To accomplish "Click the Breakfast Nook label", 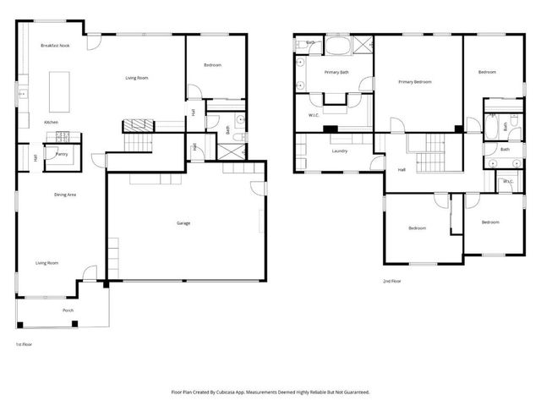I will (x=55, y=45).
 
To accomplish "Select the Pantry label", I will (x=62, y=154).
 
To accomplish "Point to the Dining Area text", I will (x=65, y=195).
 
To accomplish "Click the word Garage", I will (x=183, y=223).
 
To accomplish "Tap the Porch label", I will (x=68, y=310).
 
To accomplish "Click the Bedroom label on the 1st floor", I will (x=212, y=65).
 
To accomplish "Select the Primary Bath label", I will (x=336, y=72).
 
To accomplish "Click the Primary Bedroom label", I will (x=415, y=82).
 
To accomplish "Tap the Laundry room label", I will (x=340, y=151).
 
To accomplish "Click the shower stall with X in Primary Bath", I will (x=363, y=46).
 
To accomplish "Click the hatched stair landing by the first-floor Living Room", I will (x=139, y=125).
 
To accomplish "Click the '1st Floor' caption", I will (x=25, y=344).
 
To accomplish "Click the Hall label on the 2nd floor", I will (x=401, y=169).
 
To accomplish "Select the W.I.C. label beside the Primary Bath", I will (x=313, y=114).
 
